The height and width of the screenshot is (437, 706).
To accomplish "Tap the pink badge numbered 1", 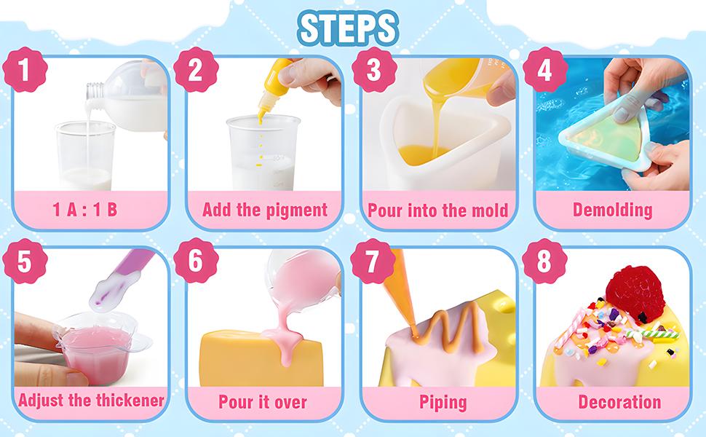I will pos(25,72).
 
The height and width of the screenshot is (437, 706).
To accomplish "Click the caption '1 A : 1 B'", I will pos(85,210).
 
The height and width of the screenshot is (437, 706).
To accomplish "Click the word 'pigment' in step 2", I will pos(296,210).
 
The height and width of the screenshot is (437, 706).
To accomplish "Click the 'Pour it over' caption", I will pos(263,401).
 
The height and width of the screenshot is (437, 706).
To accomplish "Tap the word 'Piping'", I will pos(443,401).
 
